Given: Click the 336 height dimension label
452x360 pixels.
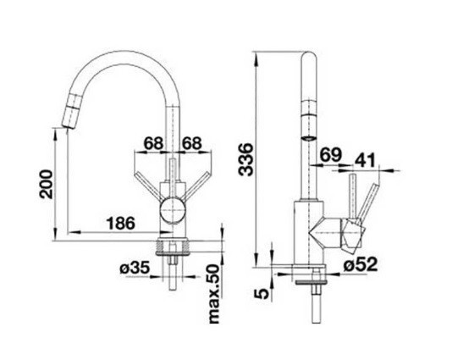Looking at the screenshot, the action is pos(245,159).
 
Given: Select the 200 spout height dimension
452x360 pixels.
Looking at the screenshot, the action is pos(47,185).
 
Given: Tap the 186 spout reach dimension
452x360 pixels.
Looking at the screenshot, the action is pos(121,223).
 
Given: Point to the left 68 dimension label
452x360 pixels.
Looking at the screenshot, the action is pos(154,143).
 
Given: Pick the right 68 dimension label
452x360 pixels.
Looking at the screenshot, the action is pos(191,143).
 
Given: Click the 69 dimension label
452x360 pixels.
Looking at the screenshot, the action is pos(331,155).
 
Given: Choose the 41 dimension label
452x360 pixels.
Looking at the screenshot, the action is pos(365,160).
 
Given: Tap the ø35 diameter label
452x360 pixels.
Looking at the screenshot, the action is pos(135,268).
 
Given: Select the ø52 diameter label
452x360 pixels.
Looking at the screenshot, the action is pos(361,263).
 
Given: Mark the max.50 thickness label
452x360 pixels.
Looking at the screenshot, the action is pos(214,293).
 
